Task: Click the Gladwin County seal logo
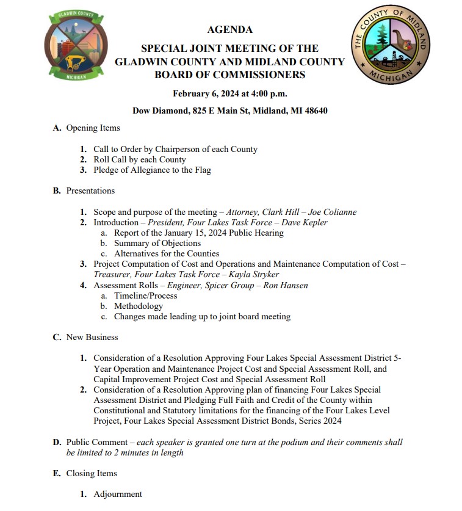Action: [76, 47]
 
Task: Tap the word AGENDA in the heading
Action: [229, 29]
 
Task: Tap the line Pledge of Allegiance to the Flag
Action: [152, 170]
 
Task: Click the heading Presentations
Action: [90, 190]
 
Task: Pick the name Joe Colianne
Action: [332, 212]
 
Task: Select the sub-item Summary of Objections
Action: [157, 243]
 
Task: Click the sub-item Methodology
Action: [138, 306]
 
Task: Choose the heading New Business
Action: [92, 337]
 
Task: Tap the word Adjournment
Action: [118, 494]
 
